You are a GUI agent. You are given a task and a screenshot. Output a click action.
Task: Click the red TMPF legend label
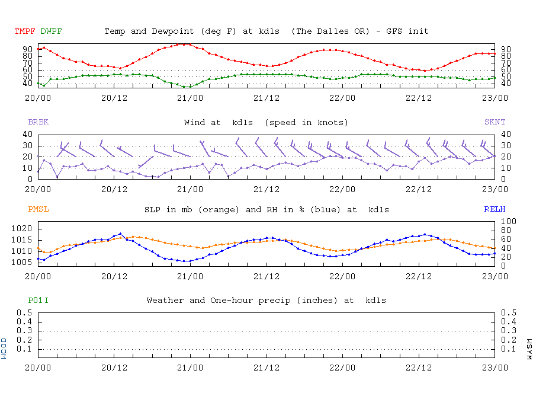tap(25, 31)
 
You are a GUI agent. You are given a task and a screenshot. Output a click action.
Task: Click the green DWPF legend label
tap(52, 31)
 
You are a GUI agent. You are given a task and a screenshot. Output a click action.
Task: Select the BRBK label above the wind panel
tap(38, 122)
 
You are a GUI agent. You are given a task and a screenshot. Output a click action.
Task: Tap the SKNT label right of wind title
tap(495, 122)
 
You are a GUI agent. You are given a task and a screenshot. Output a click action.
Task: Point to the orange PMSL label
tap(38, 209)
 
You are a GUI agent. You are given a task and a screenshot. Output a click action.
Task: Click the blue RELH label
tap(495, 209)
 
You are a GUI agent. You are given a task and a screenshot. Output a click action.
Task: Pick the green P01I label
tap(38, 301)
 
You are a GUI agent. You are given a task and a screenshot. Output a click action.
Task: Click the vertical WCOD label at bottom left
tap(5, 348)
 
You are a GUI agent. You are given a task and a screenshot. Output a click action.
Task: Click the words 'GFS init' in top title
tap(408, 31)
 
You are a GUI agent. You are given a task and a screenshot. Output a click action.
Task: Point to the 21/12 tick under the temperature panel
tap(266, 98)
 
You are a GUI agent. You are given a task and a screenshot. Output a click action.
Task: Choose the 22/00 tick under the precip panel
tap(342, 368)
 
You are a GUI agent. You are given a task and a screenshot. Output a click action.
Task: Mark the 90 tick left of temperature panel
tap(28, 49)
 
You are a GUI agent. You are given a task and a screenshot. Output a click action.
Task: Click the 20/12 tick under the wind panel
tap(114, 189)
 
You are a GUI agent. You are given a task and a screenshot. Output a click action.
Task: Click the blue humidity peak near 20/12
tap(120, 234)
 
